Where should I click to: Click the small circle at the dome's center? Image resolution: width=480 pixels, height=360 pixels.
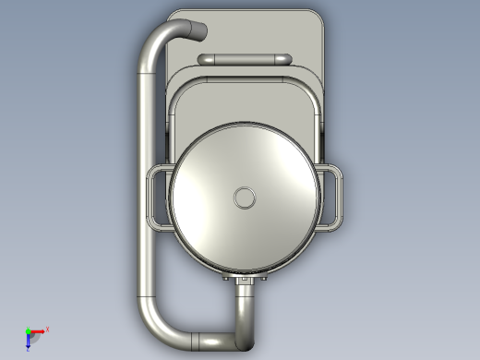[x=245, y=197]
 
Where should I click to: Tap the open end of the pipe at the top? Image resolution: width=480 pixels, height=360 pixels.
[x=197, y=32]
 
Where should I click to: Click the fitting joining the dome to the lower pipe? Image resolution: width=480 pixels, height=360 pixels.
[x=246, y=279]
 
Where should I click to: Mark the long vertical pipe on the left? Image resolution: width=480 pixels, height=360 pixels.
[x=148, y=185]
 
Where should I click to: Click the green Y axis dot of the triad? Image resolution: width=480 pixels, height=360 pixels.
[x=28, y=331]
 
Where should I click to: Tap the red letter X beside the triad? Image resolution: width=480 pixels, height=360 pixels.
[x=47, y=329]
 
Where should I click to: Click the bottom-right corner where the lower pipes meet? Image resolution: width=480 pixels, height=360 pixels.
[x=245, y=336]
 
